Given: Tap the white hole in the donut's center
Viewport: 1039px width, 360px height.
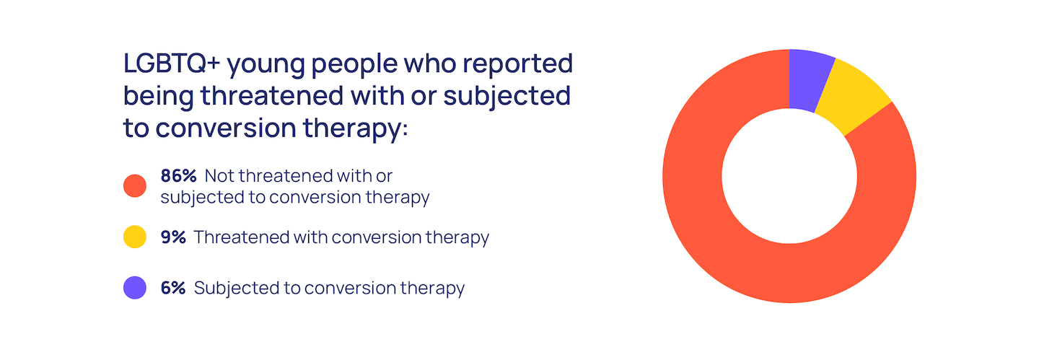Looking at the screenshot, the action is point(789,176).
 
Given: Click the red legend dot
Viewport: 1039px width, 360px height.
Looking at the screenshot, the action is point(134,185).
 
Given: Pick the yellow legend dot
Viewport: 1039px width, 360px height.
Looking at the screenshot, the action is point(134,237).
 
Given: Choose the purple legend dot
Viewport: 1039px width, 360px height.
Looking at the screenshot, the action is point(134,288).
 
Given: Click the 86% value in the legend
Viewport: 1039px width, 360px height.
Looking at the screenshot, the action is point(179,176).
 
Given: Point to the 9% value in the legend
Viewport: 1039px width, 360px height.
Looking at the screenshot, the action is point(173,237).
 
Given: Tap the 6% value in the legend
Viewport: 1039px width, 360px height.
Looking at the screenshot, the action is point(173,288).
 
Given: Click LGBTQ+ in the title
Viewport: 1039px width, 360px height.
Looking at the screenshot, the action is point(171,63).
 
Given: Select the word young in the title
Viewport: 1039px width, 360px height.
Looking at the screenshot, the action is point(266,66).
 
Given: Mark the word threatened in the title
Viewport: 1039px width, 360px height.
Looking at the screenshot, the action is point(272,95).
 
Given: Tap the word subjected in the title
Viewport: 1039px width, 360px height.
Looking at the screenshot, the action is point(507,97).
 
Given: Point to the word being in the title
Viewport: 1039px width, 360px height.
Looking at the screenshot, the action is point(158,97).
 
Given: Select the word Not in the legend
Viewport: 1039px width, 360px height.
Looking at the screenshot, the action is point(218,176).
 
